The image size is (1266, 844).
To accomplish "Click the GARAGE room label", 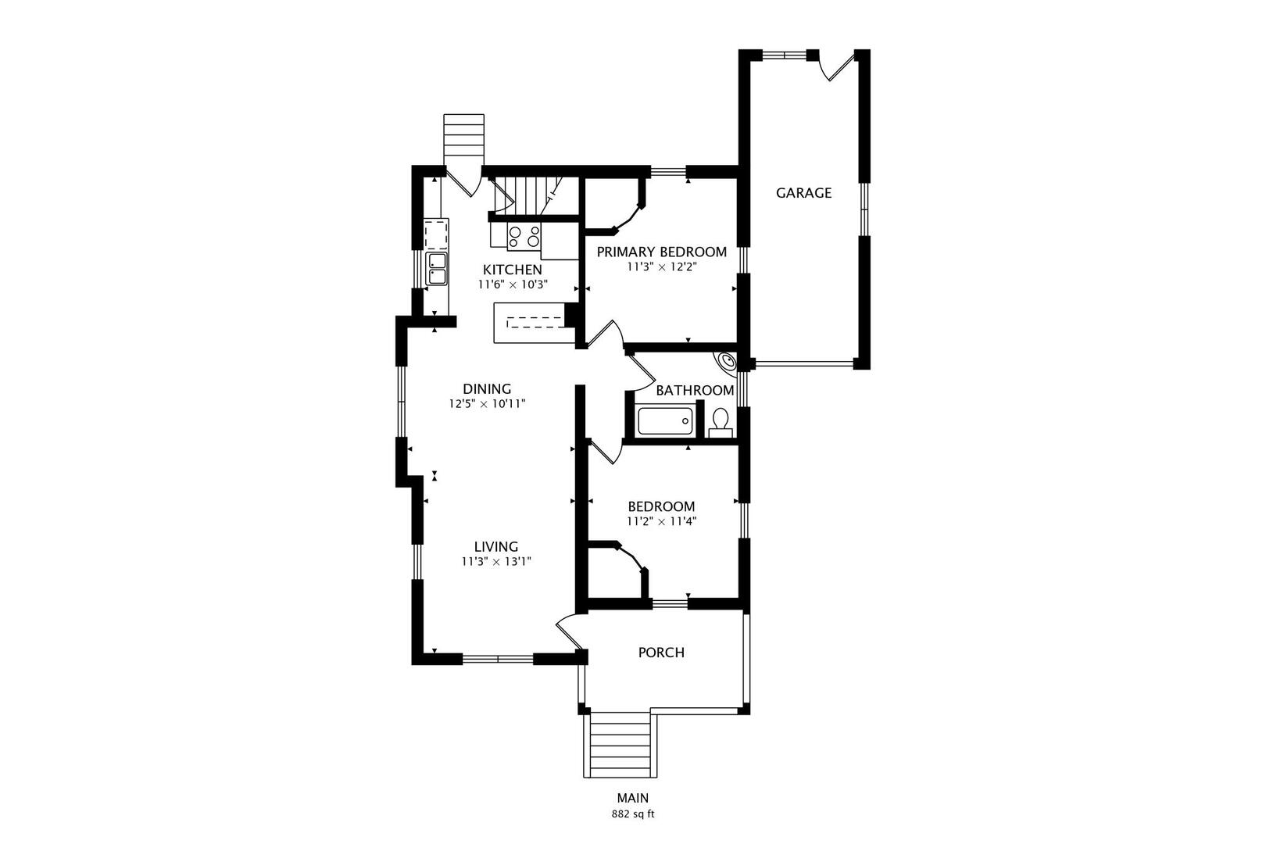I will point(803,193).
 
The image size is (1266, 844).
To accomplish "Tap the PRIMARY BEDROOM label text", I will point(661,252).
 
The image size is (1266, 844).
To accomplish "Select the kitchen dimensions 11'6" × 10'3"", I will point(512,285).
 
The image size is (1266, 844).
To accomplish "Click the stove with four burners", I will point(524,236).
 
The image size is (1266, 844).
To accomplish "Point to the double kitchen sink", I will point(436,268).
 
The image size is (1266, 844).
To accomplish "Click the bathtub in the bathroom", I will point(665,422).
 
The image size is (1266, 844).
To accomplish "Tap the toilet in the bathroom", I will point(721,423).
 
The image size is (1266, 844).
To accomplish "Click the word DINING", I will point(486,389).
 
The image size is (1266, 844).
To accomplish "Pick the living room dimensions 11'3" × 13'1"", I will point(496,561).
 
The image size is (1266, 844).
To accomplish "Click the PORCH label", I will point(661,653).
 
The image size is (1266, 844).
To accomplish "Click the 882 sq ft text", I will point(632,814).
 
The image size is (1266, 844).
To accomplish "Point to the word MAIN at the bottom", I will point(632,799).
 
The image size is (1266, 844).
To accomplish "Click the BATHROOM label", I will point(695,391).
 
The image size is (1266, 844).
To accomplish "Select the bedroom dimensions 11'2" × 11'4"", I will point(661,521).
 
